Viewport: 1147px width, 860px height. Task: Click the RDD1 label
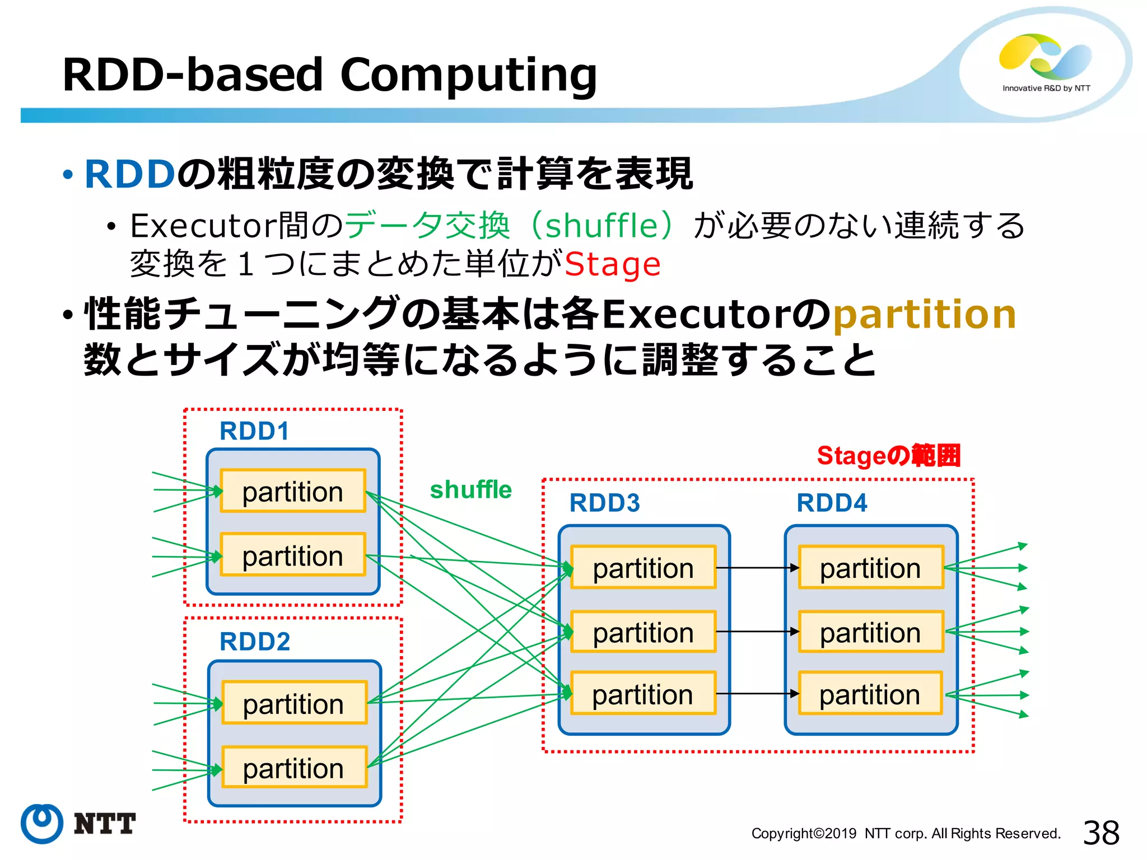point(254,431)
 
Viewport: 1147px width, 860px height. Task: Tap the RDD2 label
point(255,642)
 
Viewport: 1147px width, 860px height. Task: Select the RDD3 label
point(604,503)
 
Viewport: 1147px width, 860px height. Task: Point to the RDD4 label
point(832,503)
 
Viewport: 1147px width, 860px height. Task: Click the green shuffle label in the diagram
point(470,490)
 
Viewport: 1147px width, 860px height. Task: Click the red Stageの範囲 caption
point(889,456)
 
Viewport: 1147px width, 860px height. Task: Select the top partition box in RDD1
point(293,491)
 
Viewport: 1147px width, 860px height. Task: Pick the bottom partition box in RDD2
point(294,768)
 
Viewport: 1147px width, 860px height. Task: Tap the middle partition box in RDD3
point(644,632)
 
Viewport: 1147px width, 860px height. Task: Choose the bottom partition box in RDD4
point(870,694)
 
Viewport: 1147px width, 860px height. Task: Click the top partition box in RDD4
point(871,568)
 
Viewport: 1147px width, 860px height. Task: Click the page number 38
point(1101,833)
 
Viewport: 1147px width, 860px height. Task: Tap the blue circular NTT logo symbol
point(42,823)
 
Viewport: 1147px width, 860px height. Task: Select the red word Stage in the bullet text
point(613,264)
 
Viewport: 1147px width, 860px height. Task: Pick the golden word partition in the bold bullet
point(925,315)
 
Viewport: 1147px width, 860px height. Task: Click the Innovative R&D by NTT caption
point(1046,88)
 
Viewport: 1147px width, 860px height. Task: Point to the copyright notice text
point(906,834)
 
